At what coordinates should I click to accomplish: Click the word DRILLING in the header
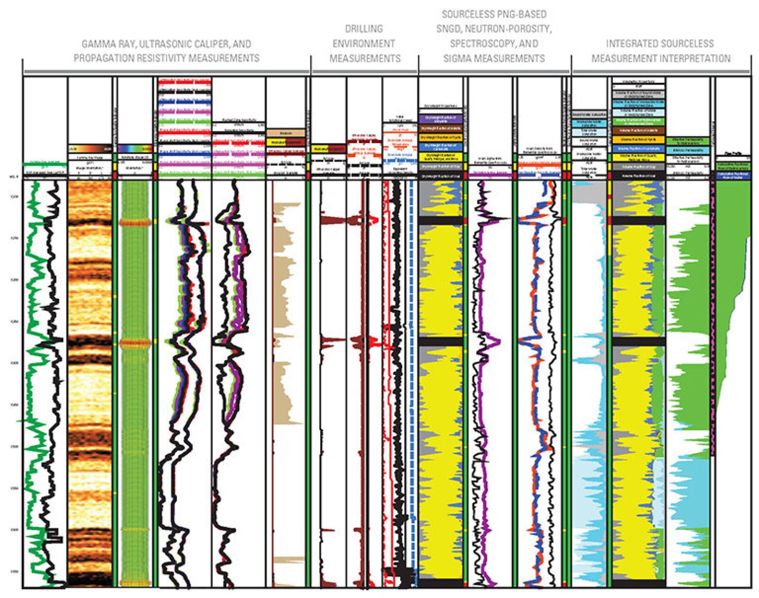click(x=364, y=28)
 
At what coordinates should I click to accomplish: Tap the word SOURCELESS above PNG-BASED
click(x=494, y=14)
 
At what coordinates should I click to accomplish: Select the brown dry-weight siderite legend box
click(x=441, y=128)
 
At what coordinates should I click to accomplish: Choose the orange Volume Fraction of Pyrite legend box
click(x=638, y=140)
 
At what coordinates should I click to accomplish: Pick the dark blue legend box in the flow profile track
click(x=732, y=175)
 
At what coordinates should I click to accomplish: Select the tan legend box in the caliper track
click(x=286, y=134)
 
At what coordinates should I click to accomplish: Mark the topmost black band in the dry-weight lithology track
click(x=441, y=221)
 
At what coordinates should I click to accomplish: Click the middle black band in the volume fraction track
click(x=638, y=342)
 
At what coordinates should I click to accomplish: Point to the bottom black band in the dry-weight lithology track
click(x=441, y=583)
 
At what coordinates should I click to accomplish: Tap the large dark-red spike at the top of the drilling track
click(x=332, y=220)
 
